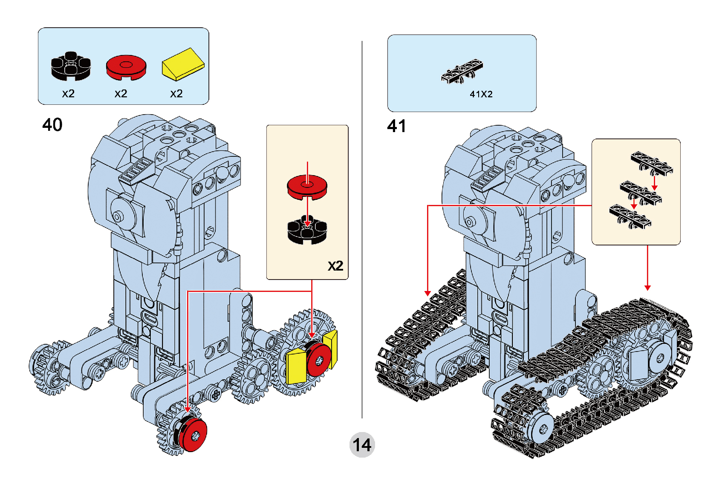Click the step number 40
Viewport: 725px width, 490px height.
click(x=52, y=125)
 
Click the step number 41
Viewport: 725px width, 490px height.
click(x=396, y=126)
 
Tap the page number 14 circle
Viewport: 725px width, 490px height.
click(x=362, y=445)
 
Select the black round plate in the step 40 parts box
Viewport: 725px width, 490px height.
click(x=71, y=66)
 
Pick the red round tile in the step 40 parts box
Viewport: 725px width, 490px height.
click(x=126, y=67)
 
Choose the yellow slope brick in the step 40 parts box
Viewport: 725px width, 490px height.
click(x=183, y=64)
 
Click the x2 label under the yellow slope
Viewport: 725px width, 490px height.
click(x=176, y=94)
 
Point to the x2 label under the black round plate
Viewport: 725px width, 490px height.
click(x=68, y=94)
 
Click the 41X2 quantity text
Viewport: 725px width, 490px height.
click(x=481, y=94)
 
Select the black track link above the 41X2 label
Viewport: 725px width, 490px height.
click(x=462, y=72)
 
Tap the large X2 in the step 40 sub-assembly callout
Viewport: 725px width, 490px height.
click(x=335, y=266)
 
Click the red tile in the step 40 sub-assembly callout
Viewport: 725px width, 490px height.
click(x=307, y=187)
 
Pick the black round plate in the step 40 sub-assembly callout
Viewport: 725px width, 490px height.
click(x=307, y=231)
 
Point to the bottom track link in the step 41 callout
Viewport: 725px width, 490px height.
click(x=630, y=216)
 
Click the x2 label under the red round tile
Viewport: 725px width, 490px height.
click(x=121, y=94)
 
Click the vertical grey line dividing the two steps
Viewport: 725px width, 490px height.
click(x=362, y=230)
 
